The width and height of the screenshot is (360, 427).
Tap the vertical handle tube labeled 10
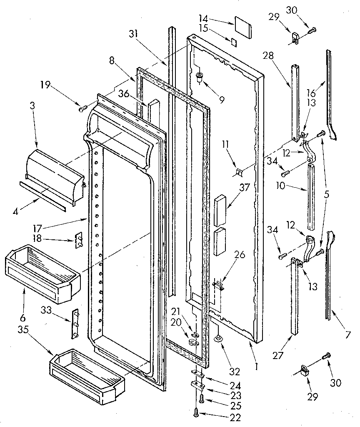[312, 196]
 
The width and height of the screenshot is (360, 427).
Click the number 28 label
[268, 56]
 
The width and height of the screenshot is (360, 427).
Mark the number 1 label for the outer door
[257, 367]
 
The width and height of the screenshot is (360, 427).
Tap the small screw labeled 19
[82, 109]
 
